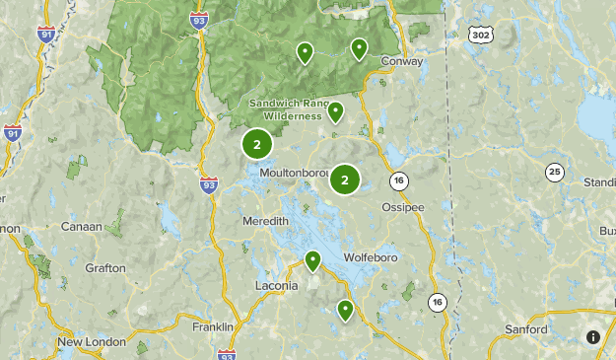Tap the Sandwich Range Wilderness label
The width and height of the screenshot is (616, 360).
tap(285, 108)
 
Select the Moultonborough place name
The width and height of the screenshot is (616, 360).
tap(294, 173)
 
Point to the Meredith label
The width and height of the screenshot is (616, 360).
tap(265, 221)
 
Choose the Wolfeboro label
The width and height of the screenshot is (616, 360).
tap(371, 257)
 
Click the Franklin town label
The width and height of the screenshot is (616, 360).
tap(212, 326)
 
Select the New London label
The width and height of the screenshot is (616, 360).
tap(91, 342)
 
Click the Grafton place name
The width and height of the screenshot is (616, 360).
tap(104, 267)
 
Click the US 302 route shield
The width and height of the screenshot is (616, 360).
tap(480, 35)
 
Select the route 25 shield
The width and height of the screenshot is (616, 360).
tap(556, 173)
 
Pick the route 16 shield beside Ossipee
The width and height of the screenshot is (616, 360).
tap(398, 180)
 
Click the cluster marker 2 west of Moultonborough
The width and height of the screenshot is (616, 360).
tap(256, 145)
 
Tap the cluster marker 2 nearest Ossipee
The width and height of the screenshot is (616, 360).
tap(345, 179)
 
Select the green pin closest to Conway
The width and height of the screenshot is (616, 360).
tap(359, 47)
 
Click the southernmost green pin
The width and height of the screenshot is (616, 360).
tap(345, 310)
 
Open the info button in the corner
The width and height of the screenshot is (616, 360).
tap(592, 337)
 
